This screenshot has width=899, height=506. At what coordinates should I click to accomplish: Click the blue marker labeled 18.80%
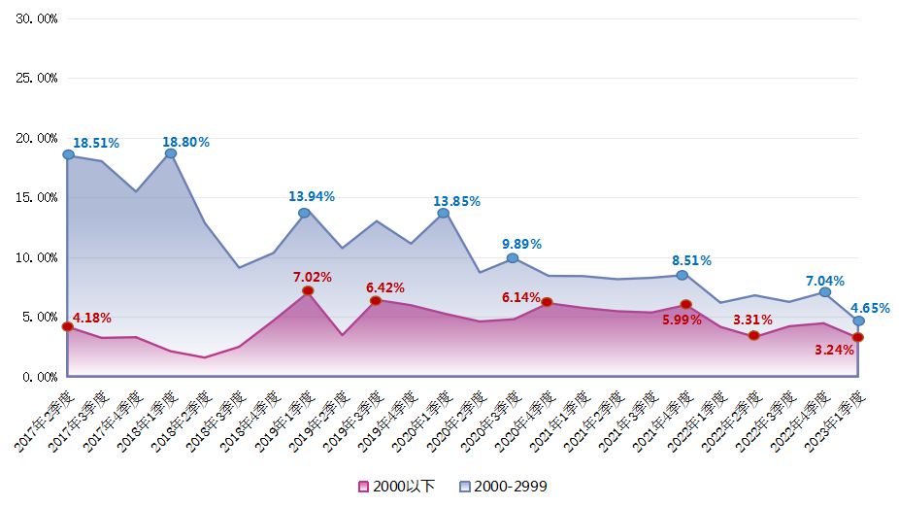point(171,153)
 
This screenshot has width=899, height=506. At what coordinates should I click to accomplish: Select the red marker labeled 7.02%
point(308,290)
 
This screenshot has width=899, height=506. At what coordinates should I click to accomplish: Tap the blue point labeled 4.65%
point(858,320)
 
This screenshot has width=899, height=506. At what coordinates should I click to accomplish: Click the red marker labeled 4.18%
point(68,326)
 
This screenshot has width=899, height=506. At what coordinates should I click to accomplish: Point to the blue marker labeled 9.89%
point(513,258)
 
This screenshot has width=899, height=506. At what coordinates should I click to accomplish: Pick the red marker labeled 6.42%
point(376,301)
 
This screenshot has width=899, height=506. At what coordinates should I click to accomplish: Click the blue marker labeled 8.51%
point(683,276)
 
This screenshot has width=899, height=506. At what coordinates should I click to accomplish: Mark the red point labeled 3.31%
point(753,336)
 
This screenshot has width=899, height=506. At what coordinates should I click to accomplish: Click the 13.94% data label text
point(312,196)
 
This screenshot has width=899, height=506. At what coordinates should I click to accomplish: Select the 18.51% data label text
point(96,143)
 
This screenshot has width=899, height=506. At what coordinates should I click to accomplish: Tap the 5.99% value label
point(682,320)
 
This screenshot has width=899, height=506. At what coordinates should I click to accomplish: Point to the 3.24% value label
point(835,350)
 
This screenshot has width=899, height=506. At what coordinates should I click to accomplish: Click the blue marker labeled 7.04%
point(825,292)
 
